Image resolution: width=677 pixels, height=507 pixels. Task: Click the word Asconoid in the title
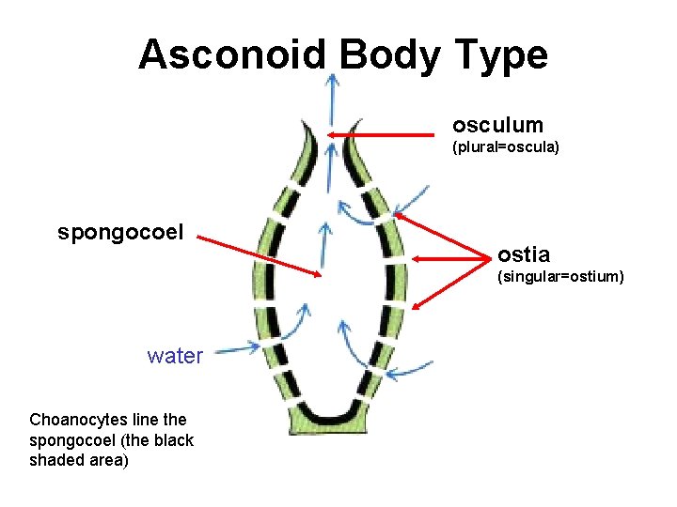[233, 55]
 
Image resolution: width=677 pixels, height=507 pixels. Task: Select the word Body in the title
[388, 55]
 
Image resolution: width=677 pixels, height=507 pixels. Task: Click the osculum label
[497, 125]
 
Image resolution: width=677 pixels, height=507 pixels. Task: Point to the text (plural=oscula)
[506, 147]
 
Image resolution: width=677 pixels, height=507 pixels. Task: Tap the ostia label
[524, 254]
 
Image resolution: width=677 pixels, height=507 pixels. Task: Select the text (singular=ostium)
[560, 276]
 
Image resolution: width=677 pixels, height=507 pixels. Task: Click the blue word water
[175, 356]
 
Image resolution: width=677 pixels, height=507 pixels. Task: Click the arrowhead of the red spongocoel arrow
[319, 274]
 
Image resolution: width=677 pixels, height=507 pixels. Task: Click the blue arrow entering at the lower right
[409, 373]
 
